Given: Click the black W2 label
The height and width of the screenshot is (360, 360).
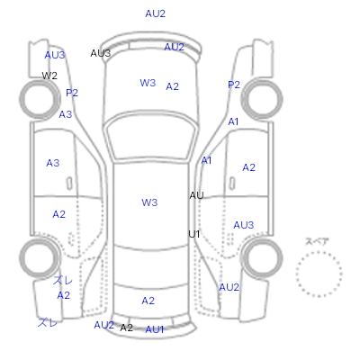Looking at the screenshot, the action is coord(49,76).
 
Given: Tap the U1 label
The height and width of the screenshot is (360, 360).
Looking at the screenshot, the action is coord(194,234).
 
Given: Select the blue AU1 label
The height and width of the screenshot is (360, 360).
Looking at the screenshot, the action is coord(155,329).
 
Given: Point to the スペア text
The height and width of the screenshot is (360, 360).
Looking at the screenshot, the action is coord(317,242).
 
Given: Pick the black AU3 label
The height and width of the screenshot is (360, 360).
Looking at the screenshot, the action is coord(101,53).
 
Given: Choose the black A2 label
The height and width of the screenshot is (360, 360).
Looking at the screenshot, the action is coord(126,328).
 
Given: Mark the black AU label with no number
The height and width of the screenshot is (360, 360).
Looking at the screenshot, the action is coord(196,195).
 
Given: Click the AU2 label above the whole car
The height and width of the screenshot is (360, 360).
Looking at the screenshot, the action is coord(156,13).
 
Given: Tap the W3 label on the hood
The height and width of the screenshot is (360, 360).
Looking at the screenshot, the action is coord(148,83).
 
